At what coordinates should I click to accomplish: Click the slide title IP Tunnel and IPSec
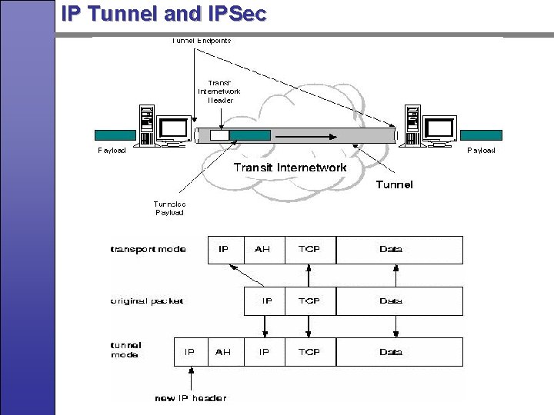tap(163, 13)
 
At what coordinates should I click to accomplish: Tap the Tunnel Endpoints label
tap(201, 41)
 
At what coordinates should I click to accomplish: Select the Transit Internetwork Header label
tap(219, 91)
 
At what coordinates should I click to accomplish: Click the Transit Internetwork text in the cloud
tap(289, 167)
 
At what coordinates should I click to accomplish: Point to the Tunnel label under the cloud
tap(394, 184)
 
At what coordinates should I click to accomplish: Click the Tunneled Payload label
tap(169, 208)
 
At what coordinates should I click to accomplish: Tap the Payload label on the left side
tap(112, 151)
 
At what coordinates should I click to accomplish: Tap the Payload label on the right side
tap(482, 151)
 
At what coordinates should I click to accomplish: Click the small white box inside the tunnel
tap(220, 135)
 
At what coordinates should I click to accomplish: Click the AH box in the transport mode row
tap(263, 250)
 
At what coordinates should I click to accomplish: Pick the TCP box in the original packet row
tap(309, 301)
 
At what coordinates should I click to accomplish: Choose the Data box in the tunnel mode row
tap(391, 352)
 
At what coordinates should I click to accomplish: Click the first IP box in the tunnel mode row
tap(190, 352)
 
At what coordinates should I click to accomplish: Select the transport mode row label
tap(149, 250)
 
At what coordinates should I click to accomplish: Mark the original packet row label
tap(147, 301)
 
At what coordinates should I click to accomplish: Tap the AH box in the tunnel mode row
tap(223, 352)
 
